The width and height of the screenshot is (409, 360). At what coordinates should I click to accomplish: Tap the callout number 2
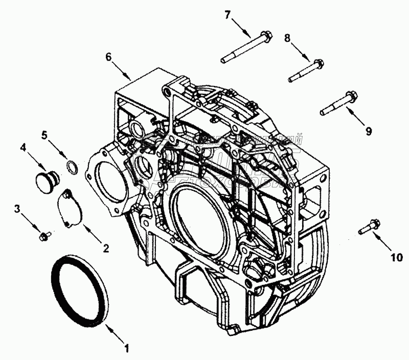(106, 249)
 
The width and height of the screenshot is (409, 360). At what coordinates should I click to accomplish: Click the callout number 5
(45, 136)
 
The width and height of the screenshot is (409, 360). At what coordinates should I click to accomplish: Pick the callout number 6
(108, 57)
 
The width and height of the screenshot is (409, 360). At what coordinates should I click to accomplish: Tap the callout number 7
(228, 14)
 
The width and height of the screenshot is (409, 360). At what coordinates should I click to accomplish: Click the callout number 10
(396, 258)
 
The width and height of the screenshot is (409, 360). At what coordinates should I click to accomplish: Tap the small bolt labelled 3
(44, 236)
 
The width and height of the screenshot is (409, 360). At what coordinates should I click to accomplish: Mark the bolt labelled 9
(337, 103)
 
